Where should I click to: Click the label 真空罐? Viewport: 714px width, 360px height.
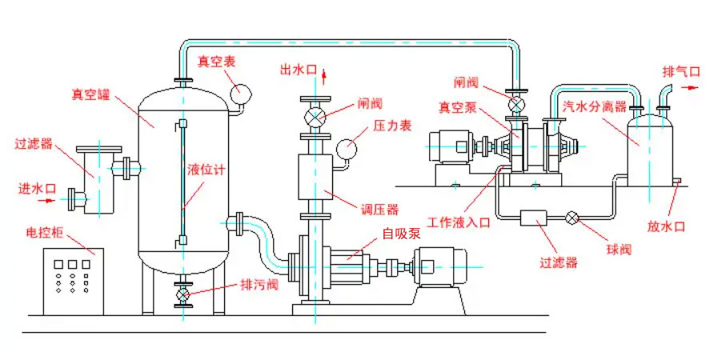pyautogui.click(x=90, y=94)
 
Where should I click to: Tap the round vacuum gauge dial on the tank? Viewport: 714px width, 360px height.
pyautogui.click(x=240, y=94)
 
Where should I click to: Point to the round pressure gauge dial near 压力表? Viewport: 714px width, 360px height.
pyautogui.click(x=347, y=150)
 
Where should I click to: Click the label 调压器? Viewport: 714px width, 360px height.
pyautogui.click(x=379, y=210)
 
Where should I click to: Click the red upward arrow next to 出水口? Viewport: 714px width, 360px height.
pyautogui.click(x=324, y=77)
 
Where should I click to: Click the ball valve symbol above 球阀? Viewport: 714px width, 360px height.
pyautogui.click(x=572, y=218)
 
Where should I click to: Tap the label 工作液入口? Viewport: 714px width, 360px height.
pyautogui.click(x=459, y=222)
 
